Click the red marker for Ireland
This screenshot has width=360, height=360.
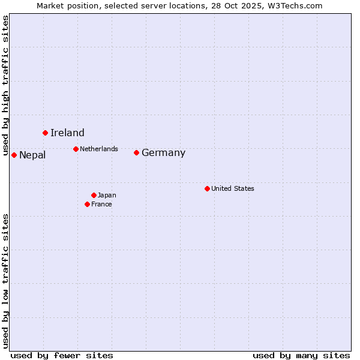(45, 133)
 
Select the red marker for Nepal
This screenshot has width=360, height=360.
(14, 155)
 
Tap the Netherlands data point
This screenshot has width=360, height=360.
(76, 149)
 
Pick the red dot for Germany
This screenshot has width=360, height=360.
(136, 152)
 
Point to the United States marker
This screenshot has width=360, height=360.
(207, 188)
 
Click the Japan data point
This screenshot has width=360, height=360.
(94, 195)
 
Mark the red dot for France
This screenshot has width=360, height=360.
(87, 204)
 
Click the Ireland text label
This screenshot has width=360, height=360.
(67, 133)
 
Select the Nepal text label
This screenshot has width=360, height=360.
(32, 155)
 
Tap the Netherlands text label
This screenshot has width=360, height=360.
(99, 149)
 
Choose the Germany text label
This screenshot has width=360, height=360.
(163, 153)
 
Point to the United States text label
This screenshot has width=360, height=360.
(233, 188)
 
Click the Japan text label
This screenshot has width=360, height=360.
(107, 195)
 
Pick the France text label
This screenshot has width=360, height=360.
(101, 204)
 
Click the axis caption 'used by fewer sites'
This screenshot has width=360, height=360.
(62, 355)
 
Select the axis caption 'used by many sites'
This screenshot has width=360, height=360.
(301, 355)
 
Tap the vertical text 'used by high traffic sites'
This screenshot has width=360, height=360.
(5, 86)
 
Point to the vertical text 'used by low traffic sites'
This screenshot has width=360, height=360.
(5, 281)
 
